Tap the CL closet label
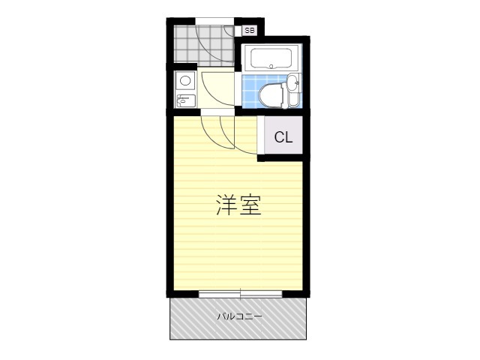point(283,137)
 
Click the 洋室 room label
point(239,205)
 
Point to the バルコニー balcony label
point(239,316)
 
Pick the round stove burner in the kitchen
point(185,79)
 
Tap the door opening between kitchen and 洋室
point(218,112)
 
